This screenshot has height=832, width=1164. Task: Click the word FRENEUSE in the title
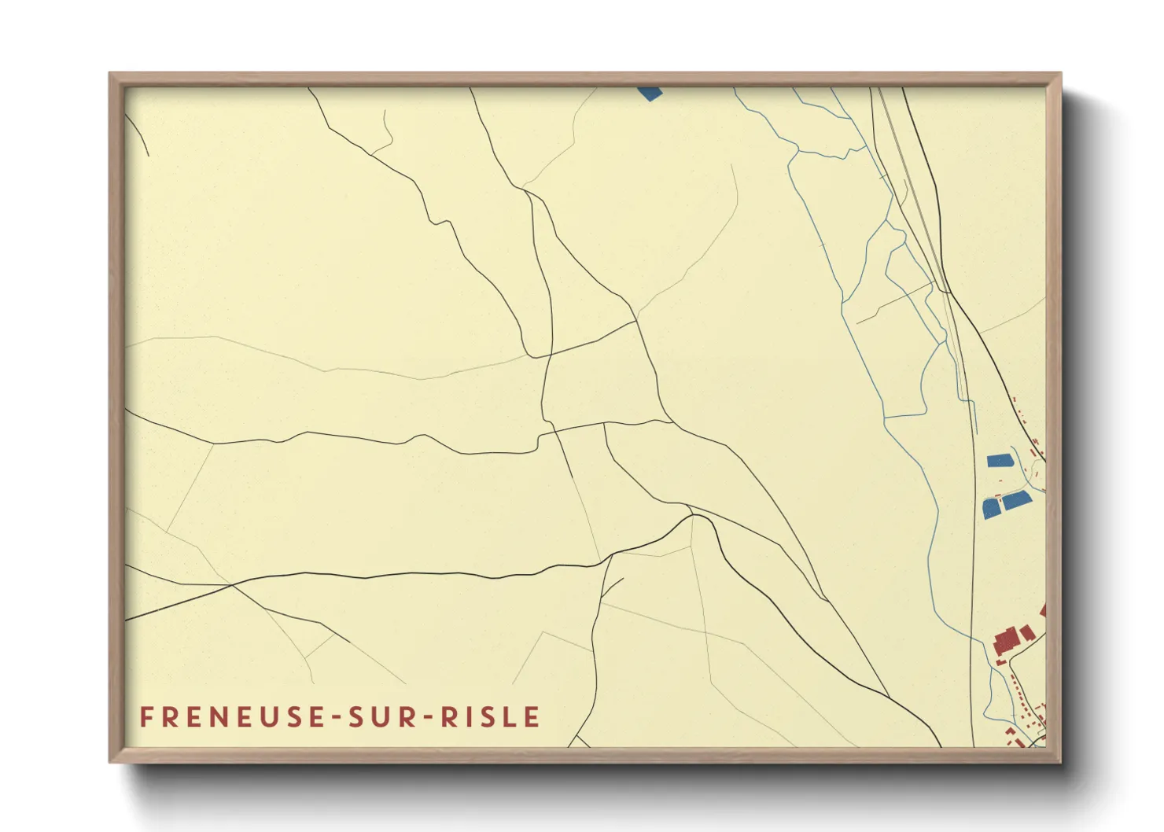click(232, 717)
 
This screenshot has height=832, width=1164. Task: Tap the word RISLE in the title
click(490, 717)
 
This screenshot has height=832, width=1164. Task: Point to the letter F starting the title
click(146, 717)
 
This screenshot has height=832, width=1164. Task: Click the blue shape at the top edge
click(650, 93)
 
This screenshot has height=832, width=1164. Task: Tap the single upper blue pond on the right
click(1000, 460)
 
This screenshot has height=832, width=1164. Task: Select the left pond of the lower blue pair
click(991, 508)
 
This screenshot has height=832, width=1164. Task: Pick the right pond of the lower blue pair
click(1016, 499)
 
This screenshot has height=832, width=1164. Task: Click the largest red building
click(1006, 640)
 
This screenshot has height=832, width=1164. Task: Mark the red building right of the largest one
click(1028, 633)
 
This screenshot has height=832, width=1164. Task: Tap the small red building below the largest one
click(1001, 661)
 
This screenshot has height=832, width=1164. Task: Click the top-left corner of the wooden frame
click(111, 74)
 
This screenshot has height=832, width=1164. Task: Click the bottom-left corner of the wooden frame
click(111, 761)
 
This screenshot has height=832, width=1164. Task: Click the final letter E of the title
click(532, 717)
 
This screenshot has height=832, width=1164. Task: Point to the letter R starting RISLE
click(448, 717)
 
